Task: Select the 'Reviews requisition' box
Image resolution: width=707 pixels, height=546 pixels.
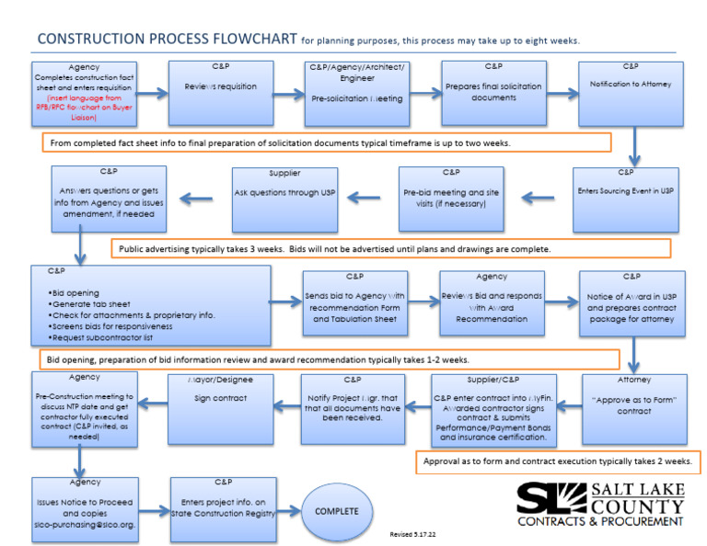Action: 221,93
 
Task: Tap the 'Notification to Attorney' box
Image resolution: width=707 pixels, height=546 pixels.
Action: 631,93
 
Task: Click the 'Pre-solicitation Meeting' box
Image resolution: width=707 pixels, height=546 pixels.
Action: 357,93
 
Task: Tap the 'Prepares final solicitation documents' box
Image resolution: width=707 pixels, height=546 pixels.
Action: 493,93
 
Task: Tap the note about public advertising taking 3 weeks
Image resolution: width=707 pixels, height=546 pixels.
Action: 391,249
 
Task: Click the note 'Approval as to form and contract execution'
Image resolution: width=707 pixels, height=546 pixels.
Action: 559,461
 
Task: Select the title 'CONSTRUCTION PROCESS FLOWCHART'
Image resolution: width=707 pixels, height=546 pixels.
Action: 166,40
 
